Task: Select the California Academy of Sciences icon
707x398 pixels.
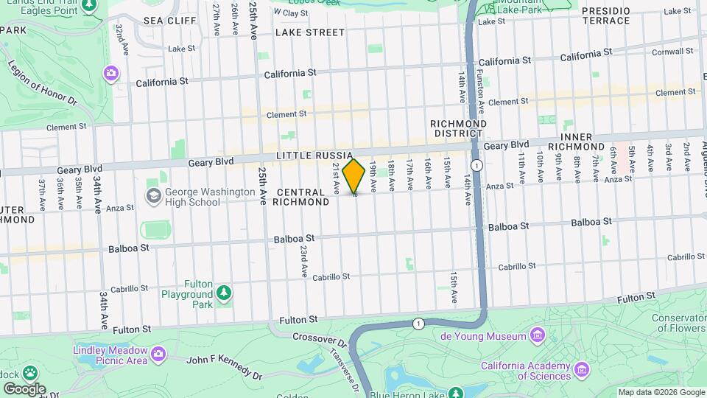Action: [x=583, y=368]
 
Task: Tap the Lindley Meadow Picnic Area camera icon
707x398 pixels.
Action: [x=158, y=355]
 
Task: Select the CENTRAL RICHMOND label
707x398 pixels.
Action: [x=303, y=197]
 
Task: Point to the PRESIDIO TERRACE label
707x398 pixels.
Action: [x=605, y=15]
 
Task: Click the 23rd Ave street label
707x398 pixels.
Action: [x=303, y=262]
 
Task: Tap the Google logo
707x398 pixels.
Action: [x=24, y=388]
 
